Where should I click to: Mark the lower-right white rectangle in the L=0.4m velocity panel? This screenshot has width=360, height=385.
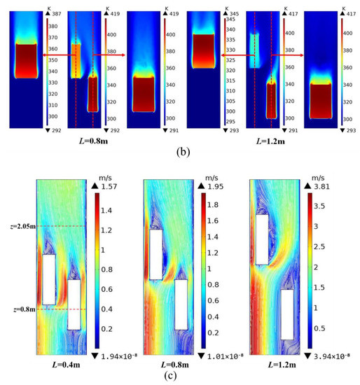74,304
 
